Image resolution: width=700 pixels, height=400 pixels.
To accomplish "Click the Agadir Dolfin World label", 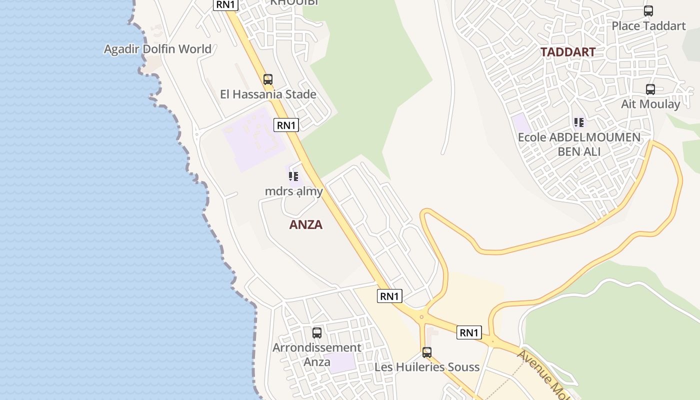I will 157,49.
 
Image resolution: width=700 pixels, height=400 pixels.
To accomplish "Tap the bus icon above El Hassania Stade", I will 268,79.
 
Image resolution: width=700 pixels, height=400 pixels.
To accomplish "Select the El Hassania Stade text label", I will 268,94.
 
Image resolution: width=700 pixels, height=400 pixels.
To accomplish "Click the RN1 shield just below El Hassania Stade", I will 286,125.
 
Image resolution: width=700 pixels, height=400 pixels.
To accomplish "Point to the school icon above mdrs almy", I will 293,176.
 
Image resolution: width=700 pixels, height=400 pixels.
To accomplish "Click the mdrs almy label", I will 293,191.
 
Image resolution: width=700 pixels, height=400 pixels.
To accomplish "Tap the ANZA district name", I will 305,224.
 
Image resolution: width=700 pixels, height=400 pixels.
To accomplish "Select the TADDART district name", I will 567,52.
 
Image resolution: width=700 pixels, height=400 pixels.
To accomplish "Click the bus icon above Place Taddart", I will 648,10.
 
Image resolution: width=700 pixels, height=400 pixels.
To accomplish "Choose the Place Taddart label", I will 648,25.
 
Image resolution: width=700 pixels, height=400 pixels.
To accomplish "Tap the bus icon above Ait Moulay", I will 650,89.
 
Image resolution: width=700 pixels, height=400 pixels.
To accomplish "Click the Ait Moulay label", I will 650,104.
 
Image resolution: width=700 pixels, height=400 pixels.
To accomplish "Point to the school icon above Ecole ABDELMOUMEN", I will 579,122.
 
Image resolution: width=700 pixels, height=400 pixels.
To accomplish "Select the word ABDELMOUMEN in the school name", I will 594,137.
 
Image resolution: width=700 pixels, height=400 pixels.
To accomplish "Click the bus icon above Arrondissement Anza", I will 316,332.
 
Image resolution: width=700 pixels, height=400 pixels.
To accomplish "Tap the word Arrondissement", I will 316,347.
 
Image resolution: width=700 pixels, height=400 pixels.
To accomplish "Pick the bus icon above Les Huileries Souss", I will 426,352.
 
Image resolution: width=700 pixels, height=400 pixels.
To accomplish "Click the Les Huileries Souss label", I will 426,367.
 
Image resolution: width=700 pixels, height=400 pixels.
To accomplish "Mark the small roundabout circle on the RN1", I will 421,316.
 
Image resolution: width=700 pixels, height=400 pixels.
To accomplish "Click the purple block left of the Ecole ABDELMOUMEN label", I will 521,123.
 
